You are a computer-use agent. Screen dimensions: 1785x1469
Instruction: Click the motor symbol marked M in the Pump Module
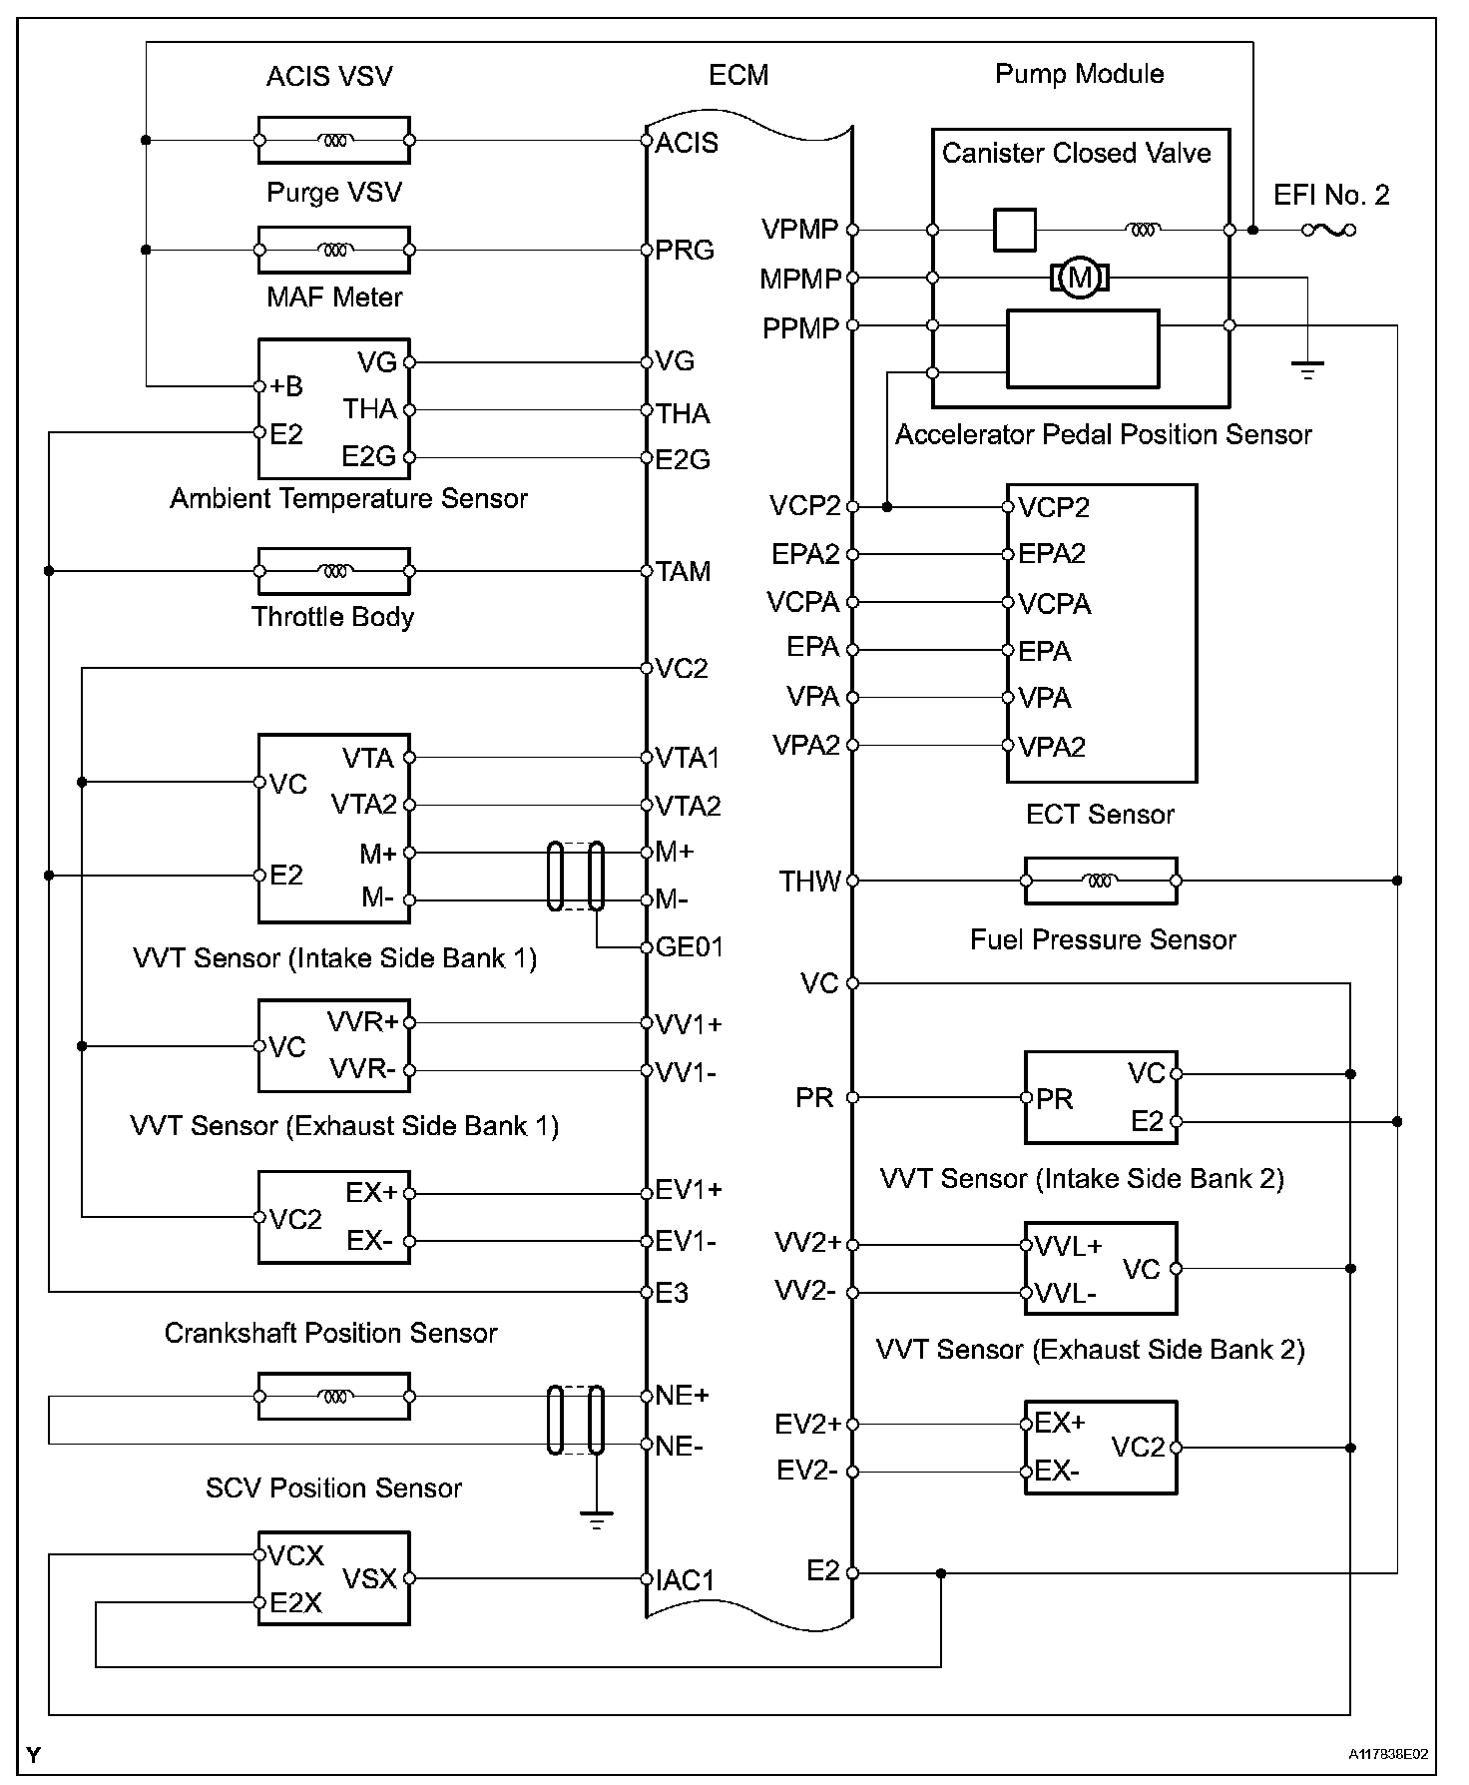tap(1079, 277)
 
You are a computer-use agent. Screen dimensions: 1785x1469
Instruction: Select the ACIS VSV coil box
tap(334, 141)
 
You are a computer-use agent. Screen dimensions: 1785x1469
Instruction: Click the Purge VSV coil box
tap(334, 250)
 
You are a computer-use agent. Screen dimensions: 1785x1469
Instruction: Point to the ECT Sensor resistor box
tap(1100, 881)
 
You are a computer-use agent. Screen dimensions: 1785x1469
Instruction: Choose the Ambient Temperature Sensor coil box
tap(334, 571)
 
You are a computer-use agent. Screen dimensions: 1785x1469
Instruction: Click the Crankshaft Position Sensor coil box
tap(334, 1396)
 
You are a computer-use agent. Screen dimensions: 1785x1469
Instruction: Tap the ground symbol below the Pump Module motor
tap(1306, 370)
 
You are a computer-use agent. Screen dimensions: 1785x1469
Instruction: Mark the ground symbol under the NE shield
tap(596, 1521)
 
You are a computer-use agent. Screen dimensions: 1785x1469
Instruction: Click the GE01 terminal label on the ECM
tap(689, 946)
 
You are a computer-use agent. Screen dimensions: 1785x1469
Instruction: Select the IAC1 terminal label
tap(686, 1579)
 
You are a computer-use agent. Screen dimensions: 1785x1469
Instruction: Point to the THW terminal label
tap(809, 882)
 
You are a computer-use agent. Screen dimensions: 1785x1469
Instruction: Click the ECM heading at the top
tap(738, 75)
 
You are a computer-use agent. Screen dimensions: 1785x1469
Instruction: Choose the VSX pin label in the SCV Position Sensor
tap(370, 1578)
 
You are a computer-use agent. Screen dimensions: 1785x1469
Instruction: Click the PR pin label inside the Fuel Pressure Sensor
tap(1054, 1099)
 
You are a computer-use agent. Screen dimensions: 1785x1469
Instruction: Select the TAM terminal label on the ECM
tap(683, 571)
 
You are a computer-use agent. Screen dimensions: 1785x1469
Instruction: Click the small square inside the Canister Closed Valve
tap(1015, 230)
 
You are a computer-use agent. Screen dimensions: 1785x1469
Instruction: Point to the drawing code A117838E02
tap(1388, 1754)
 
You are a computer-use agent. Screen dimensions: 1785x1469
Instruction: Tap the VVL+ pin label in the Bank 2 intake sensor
tap(1068, 1246)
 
